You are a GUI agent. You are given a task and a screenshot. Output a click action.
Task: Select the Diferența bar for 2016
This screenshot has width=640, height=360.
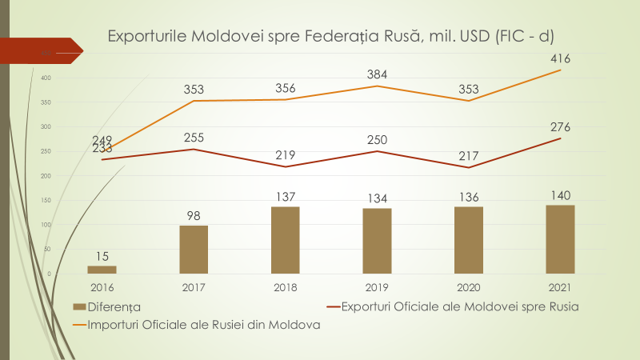point(102,270)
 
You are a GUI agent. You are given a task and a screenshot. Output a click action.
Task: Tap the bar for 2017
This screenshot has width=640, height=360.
point(194,250)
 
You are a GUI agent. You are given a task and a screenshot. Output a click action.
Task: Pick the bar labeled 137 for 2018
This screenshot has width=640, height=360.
point(286,240)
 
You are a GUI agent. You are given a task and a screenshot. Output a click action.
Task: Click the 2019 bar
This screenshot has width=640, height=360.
point(377,241)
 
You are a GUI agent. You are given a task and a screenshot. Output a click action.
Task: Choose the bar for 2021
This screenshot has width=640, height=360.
point(560,239)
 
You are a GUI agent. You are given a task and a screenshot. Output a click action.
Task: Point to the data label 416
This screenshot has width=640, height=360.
point(560,58)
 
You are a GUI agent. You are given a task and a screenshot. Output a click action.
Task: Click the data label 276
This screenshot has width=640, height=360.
point(560,126)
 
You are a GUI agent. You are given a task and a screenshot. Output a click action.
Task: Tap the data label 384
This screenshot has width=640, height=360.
point(377,74)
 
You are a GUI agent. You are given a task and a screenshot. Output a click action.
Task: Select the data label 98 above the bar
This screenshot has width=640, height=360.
point(194,214)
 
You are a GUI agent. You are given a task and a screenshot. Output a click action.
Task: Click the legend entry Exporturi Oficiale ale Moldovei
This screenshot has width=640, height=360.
point(448,306)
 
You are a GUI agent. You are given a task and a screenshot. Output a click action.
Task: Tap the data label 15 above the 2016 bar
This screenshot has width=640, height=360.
point(102,255)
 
